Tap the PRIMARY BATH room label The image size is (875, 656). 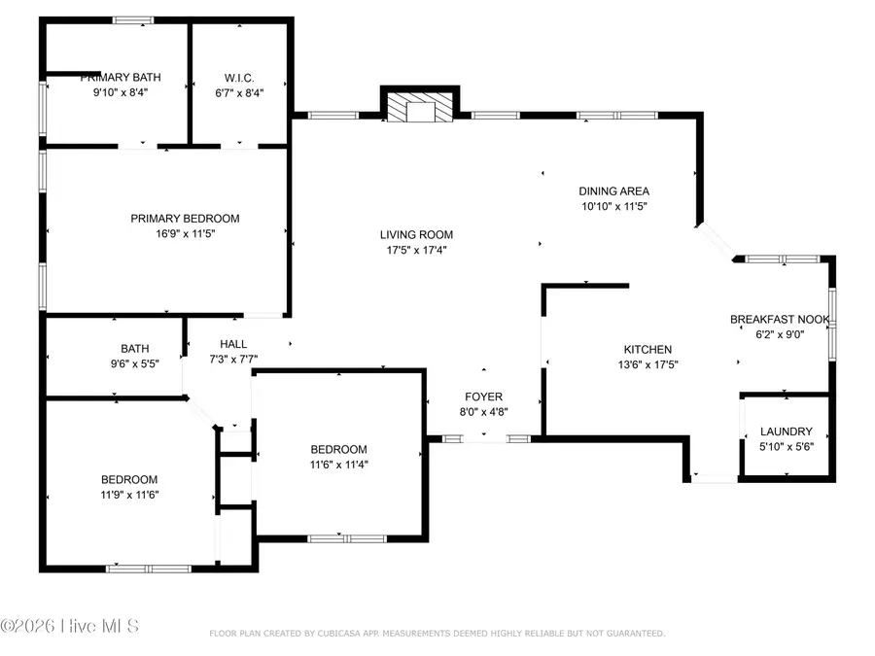click(x=121, y=78)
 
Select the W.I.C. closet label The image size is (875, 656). click(x=237, y=78)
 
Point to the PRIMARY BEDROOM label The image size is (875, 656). click(x=185, y=219)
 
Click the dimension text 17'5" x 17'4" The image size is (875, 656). click(x=416, y=250)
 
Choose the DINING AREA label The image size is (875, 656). click(x=613, y=191)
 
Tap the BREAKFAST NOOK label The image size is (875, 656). click(x=779, y=319)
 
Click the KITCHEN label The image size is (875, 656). click(x=647, y=350)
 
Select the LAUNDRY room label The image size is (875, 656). click(x=785, y=432)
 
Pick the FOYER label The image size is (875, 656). click(x=483, y=397)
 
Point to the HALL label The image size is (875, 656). click(x=233, y=344)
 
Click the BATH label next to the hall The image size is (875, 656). click(x=135, y=348)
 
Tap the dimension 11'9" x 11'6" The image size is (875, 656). click(x=129, y=495)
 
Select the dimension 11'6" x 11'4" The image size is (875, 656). click(x=338, y=464)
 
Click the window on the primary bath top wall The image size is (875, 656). click(x=132, y=19)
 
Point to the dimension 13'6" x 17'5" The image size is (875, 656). click(x=647, y=364)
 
